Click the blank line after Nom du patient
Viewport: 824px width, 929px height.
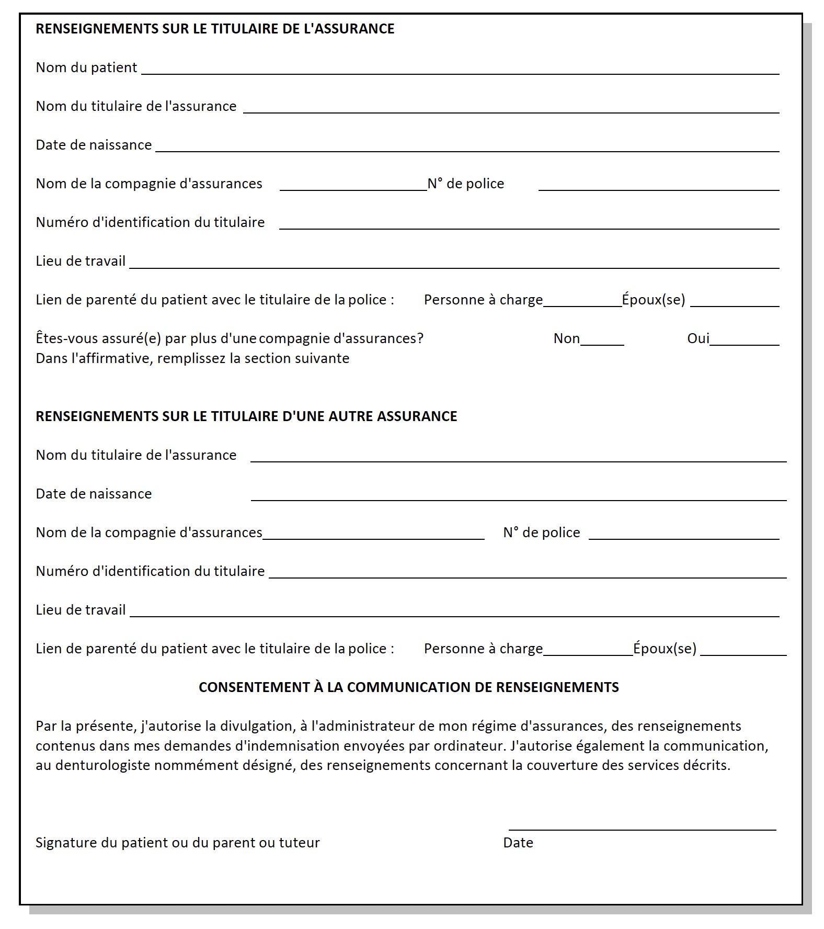460,72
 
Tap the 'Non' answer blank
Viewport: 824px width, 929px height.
602,343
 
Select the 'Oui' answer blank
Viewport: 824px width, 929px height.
744,343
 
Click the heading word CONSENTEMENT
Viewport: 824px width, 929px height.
254,687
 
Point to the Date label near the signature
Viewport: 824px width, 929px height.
518,843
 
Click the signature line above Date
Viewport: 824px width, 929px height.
642,828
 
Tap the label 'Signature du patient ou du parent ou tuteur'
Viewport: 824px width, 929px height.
177,843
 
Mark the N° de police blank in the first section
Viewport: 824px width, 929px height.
659,188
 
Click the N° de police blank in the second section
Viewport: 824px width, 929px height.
684,537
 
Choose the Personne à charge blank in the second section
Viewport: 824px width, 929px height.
588,653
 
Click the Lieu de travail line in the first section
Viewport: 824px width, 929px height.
454,266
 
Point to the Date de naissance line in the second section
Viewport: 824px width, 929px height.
519,499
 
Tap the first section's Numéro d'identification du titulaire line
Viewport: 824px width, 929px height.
529,227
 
